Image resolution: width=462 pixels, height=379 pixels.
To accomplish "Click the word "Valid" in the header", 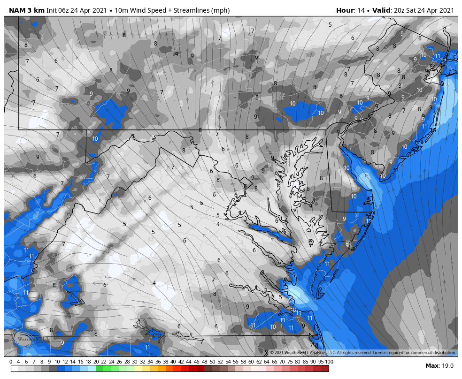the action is (x=381, y=10).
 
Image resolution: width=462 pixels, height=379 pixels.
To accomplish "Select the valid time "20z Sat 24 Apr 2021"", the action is (x=423, y=10).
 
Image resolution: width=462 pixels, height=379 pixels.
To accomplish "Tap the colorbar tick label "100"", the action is (x=329, y=362).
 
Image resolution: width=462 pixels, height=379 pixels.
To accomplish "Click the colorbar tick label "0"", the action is (x=11, y=362).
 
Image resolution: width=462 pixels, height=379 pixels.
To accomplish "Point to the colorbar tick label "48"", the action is (x=204, y=362).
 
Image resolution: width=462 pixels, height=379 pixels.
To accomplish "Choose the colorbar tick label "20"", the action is (x=96, y=362).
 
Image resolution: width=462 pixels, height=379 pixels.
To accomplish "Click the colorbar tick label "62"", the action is (x=259, y=362).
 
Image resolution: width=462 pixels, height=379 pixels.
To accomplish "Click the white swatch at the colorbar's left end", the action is (x=15, y=369).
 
